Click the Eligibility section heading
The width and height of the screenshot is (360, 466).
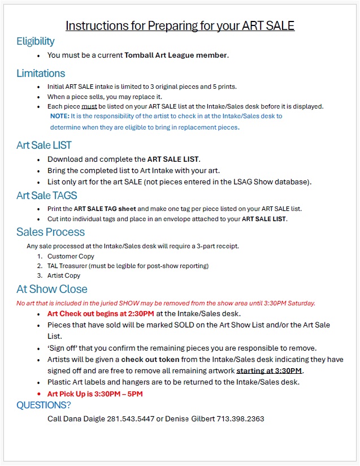[36, 41]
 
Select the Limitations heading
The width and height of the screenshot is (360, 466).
[41, 74]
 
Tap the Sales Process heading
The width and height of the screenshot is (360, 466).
[50, 232]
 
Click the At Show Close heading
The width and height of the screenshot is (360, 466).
[52, 289]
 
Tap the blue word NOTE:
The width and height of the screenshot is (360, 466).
[59, 116]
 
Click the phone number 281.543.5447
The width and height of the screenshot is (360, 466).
[124, 419]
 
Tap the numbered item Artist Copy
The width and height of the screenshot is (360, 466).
[64, 275]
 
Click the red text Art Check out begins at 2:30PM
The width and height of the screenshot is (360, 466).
[101, 313]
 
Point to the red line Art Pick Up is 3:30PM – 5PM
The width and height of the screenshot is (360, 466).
[95, 394]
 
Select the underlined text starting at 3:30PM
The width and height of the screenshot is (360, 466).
[269, 371]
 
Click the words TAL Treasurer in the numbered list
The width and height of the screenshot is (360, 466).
[68, 266]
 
